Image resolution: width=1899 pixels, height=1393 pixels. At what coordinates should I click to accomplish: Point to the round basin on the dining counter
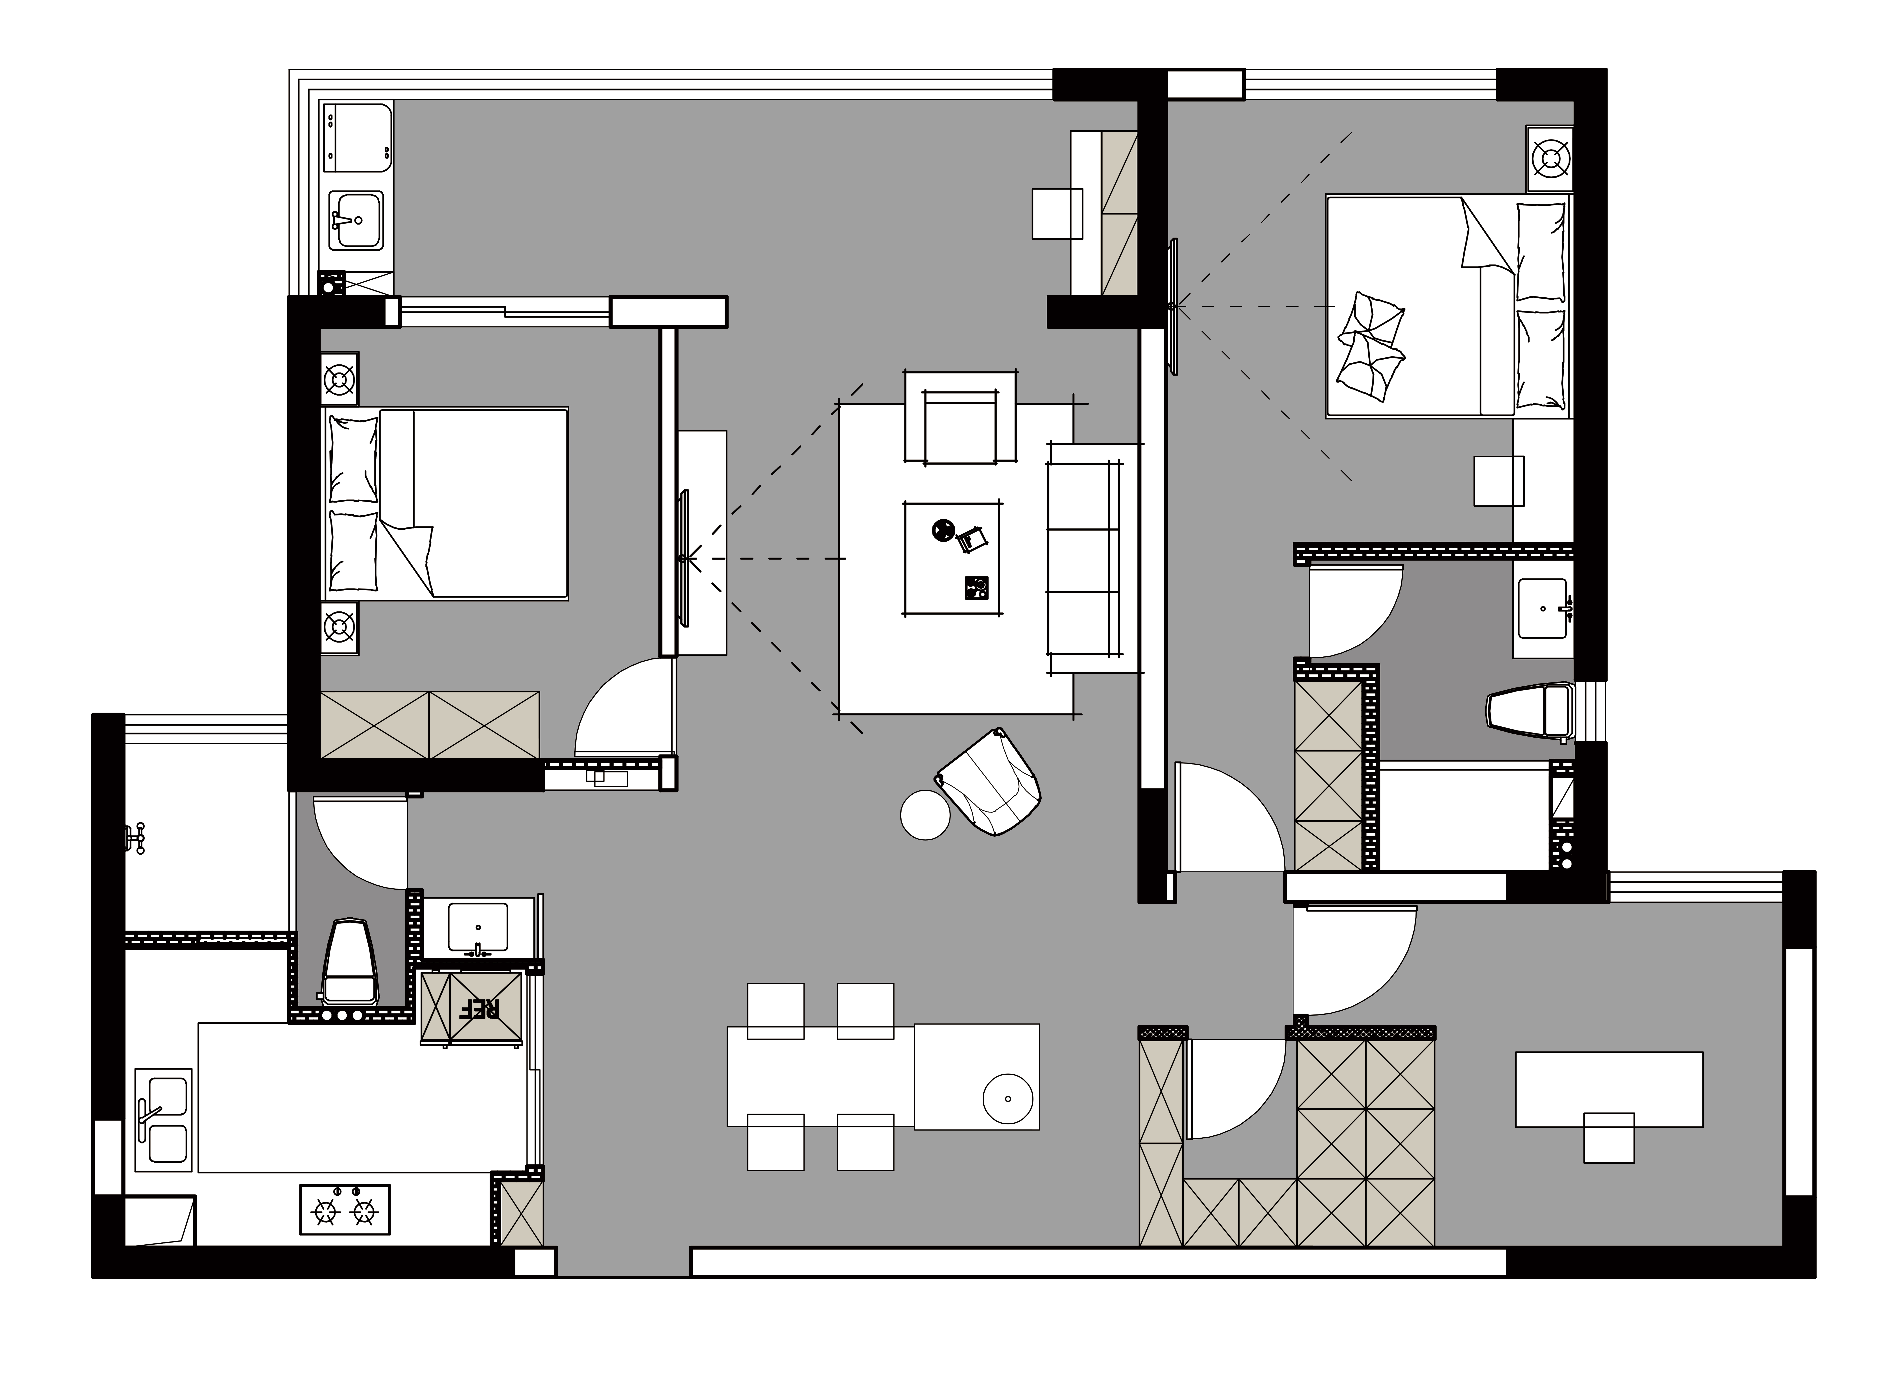[x=1008, y=1099]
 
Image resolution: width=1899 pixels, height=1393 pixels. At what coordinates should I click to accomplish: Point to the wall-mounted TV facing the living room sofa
[x=683, y=558]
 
